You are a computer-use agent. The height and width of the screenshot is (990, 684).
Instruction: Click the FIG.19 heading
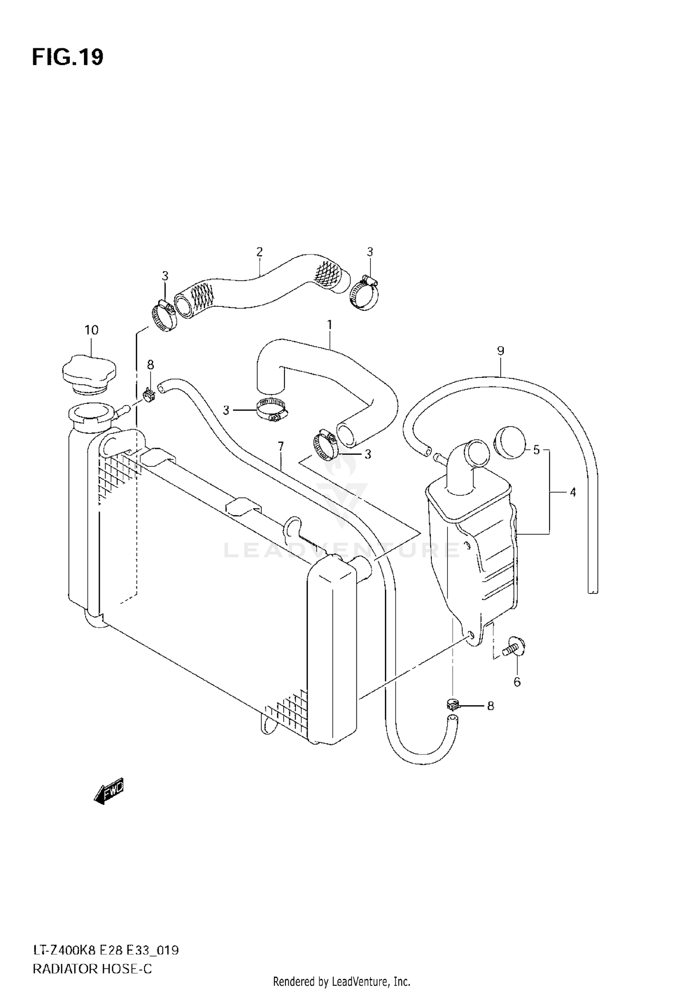(67, 57)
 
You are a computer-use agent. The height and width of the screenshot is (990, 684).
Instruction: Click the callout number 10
(91, 330)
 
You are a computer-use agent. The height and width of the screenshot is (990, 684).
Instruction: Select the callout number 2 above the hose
(259, 252)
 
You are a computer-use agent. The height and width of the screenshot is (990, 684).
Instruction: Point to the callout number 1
(329, 325)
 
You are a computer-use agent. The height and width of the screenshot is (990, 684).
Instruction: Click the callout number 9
(500, 351)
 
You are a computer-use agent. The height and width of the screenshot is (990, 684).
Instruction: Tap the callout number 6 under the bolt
(517, 682)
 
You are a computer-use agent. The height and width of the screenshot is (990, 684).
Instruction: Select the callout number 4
(573, 492)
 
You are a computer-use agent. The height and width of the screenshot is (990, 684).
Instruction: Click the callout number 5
(536, 450)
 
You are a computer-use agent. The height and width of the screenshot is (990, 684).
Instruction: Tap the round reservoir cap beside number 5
(510, 442)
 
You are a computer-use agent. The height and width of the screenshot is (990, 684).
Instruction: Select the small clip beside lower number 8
(452, 705)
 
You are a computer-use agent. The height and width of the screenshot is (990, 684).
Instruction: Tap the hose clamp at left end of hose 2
(164, 316)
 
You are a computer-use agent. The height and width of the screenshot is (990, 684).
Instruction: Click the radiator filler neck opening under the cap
(88, 414)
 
